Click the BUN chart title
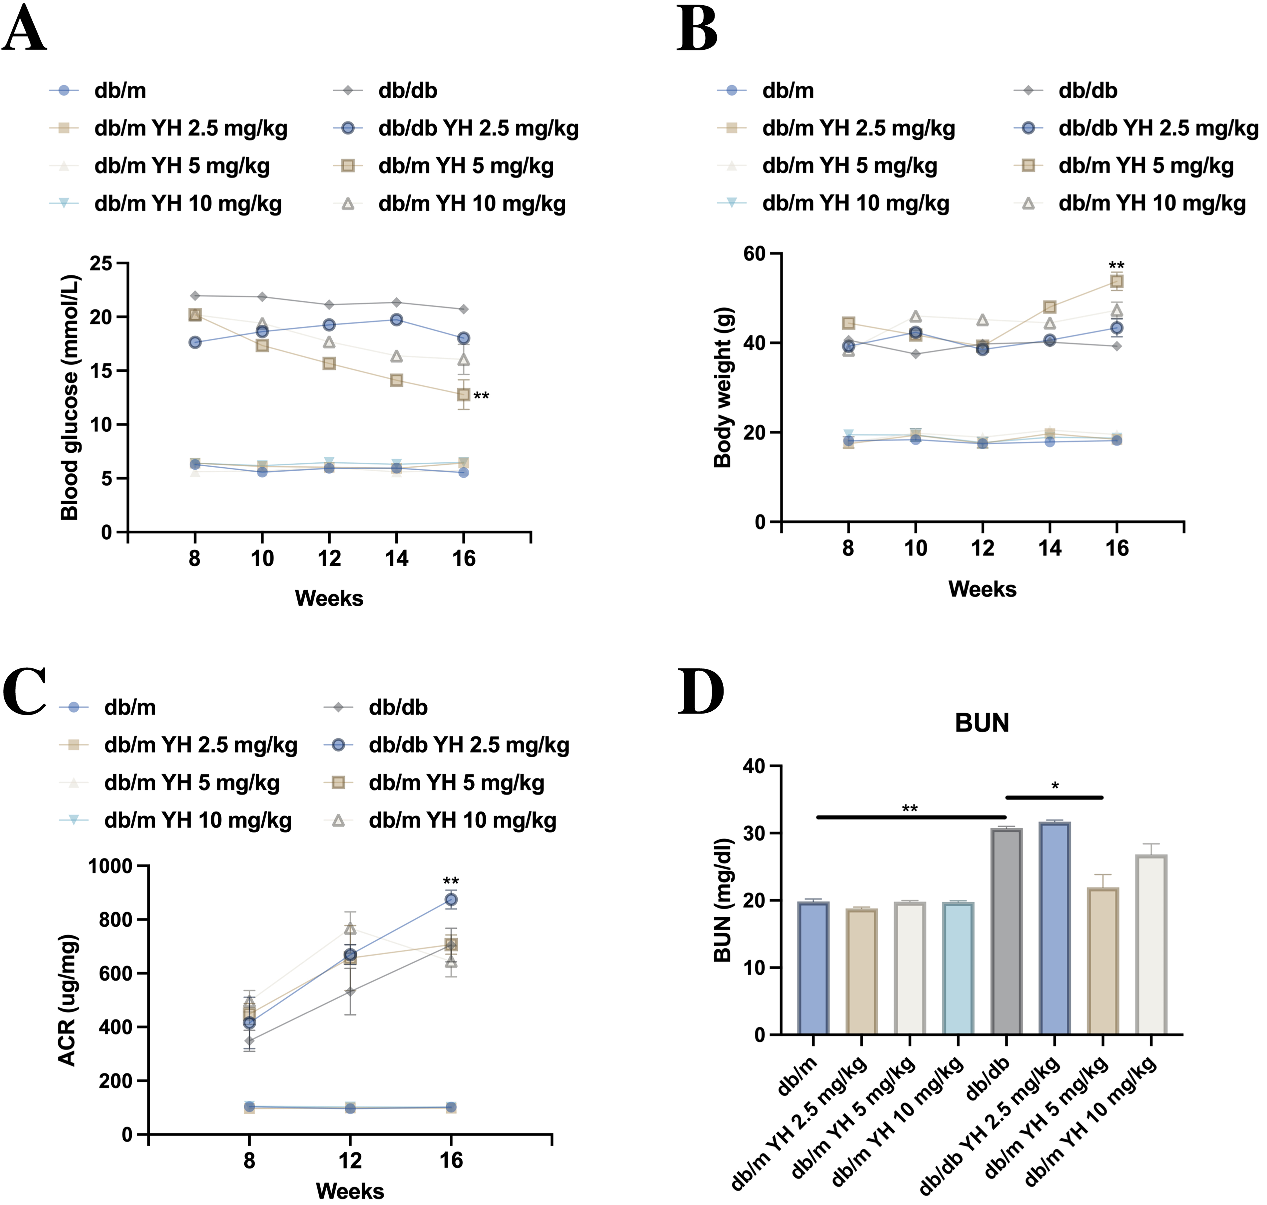point(982,723)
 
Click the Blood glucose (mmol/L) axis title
point(69,397)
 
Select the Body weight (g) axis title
point(723,387)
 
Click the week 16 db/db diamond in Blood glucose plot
point(464,309)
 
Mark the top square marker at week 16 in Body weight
point(1117,281)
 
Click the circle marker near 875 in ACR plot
point(451,899)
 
